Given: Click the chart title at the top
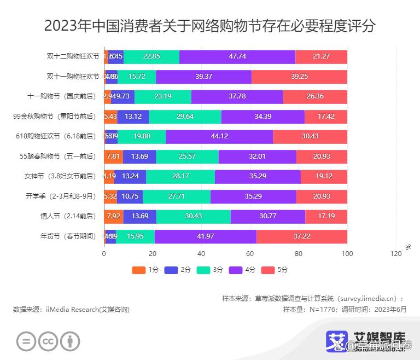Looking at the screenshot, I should [210, 26].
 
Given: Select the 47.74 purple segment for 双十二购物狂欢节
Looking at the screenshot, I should [237, 56].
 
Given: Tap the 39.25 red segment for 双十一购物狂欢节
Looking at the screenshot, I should [299, 77].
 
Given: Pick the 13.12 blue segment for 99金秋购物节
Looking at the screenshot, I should [133, 117].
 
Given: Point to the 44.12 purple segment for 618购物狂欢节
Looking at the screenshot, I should [219, 136].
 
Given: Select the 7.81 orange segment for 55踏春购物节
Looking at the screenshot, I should [113, 156].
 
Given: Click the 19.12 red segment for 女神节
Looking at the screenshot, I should [324, 176].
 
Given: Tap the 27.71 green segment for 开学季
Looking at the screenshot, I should [176, 196].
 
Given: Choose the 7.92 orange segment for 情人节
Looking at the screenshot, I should [113, 216].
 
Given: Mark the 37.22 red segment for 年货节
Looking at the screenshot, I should [302, 236].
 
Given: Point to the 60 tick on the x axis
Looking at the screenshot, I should [250, 254].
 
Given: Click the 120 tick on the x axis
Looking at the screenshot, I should [396, 254].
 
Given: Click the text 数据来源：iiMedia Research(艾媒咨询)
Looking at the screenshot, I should [71, 310].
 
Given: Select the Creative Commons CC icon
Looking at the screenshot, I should [49, 342].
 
